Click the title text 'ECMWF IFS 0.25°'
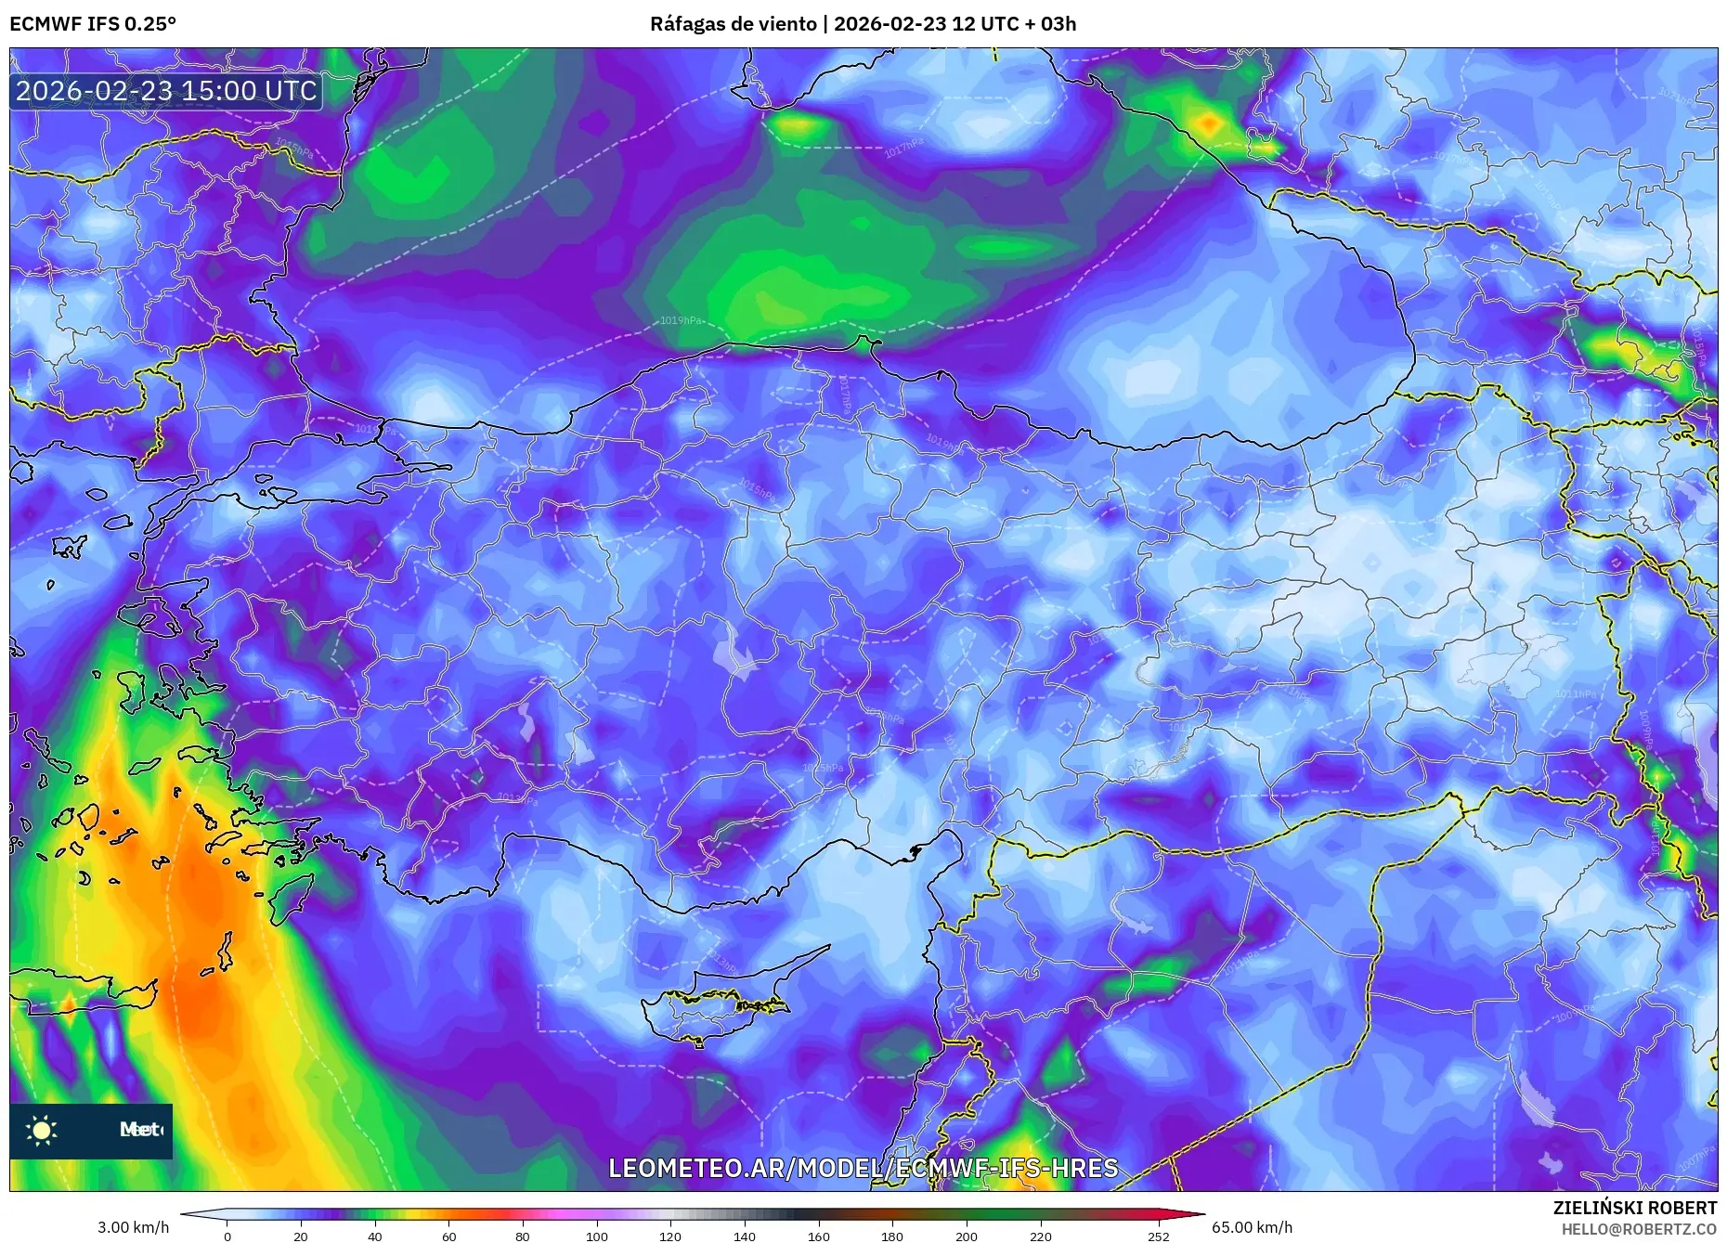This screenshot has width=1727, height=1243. click(x=93, y=24)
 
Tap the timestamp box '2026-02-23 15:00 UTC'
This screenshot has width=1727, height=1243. click(x=166, y=91)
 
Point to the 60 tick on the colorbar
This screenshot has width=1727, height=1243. click(x=449, y=1236)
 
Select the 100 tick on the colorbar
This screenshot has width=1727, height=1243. click(x=597, y=1236)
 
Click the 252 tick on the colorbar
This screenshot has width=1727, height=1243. click(x=1158, y=1236)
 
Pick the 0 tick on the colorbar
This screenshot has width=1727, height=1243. click(x=227, y=1236)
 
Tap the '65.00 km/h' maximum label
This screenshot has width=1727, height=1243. click(x=1252, y=1227)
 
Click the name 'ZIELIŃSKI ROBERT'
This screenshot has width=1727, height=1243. click(x=1634, y=1208)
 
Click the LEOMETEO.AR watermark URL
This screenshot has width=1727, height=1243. click(x=863, y=1168)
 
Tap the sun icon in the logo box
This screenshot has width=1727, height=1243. click(x=42, y=1130)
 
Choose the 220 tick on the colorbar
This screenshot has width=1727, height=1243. click(x=1041, y=1236)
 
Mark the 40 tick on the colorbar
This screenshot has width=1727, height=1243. click(x=375, y=1236)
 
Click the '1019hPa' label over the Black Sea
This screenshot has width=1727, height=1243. click(x=681, y=320)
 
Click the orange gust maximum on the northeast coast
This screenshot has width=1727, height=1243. click(x=1209, y=123)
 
